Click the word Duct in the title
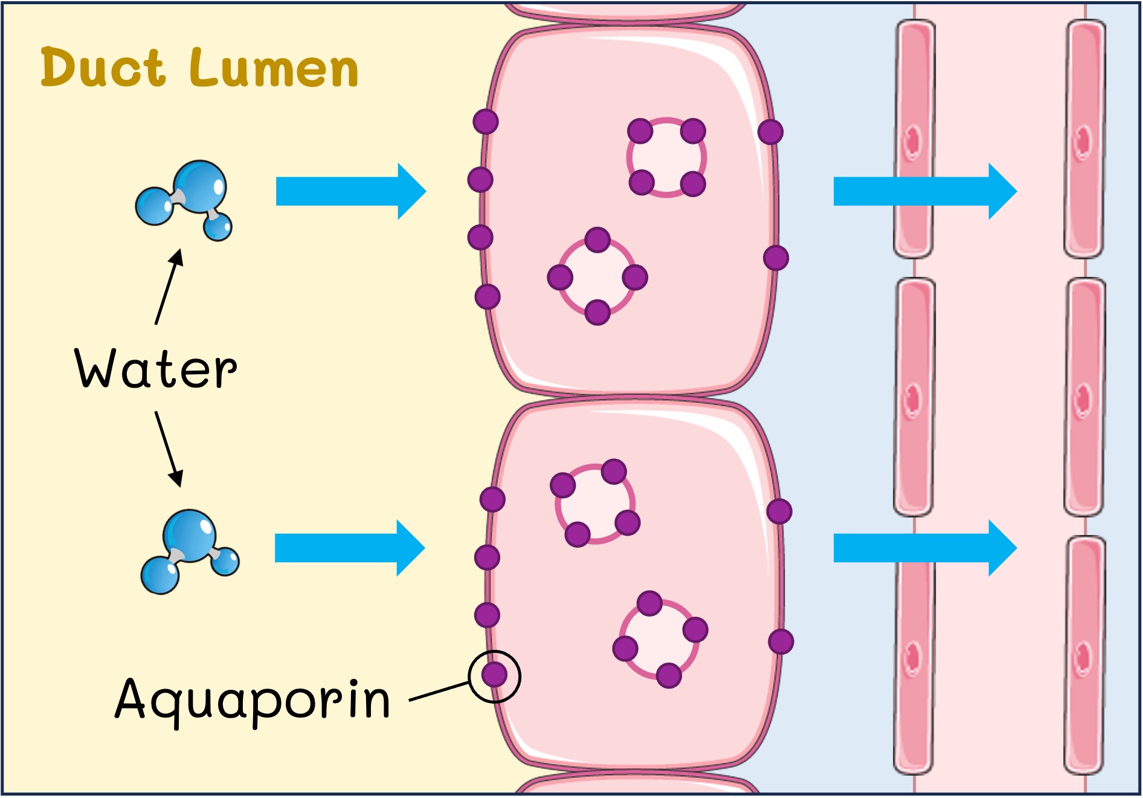tap(103, 67)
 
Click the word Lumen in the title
tap(275, 68)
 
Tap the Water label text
tap(155, 368)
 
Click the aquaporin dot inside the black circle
tap(494, 674)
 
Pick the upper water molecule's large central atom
tap(200, 185)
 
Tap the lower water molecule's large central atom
tap(190, 535)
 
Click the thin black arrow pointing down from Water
tap(169, 449)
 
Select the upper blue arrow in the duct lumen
tap(350, 191)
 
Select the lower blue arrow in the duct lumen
tap(349, 548)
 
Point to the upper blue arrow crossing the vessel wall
tap(924, 191)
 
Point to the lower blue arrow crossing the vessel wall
tap(924, 548)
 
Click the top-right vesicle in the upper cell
tap(666, 157)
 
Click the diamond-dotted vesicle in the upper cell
tap(597, 277)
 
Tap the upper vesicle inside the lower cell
tap(595, 503)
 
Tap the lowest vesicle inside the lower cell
tap(660, 640)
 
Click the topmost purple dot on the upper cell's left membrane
tap(486, 122)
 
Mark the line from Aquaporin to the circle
tap(439, 692)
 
